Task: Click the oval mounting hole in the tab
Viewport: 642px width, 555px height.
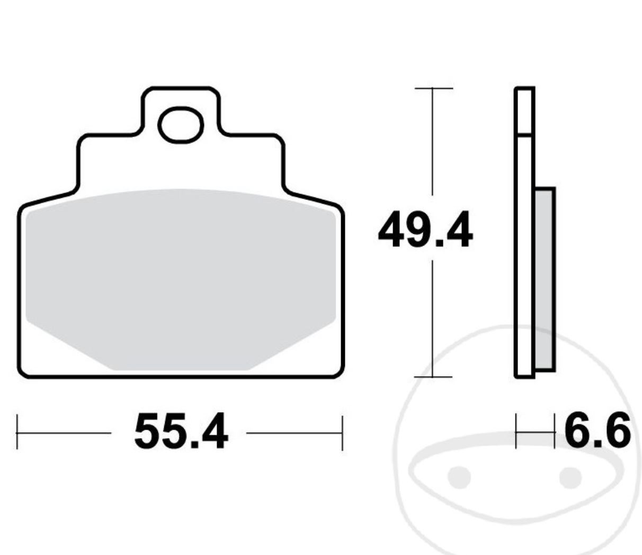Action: (181, 125)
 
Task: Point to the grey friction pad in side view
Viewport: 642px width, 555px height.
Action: (545, 278)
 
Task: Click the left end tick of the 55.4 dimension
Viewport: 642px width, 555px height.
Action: (17, 432)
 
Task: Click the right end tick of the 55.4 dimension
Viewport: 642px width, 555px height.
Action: (343, 432)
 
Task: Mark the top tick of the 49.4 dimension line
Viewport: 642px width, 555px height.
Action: (433, 88)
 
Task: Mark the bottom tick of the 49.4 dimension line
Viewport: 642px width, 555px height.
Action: (433, 377)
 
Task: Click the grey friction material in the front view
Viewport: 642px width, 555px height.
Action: (181, 275)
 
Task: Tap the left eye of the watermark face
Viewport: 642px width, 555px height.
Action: (459, 477)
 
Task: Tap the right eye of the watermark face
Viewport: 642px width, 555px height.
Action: (570, 477)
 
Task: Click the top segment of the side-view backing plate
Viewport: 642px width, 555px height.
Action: (524, 111)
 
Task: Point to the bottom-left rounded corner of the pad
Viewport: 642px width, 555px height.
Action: (24, 372)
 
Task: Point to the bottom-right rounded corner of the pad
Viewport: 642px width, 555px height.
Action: (338, 372)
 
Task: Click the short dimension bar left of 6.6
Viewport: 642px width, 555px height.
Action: (535, 432)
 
